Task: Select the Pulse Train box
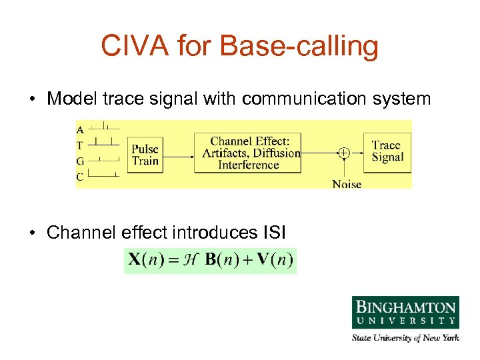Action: (x=145, y=155)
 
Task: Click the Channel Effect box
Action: (x=248, y=153)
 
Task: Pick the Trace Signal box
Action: (x=387, y=151)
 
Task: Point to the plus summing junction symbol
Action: (x=343, y=153)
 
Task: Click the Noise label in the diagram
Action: (x=347, y=183)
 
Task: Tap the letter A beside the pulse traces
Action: (x=80, y=129)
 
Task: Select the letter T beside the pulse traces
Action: (x=80, y=145)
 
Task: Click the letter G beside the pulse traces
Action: (x=80, y=161)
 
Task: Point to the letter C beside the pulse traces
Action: (x=80, y=177)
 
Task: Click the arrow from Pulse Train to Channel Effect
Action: (x=178, y=156)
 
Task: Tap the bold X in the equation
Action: (x=135, y=260)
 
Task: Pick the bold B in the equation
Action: (x=211, y=260)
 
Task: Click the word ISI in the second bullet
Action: (x=271, y=233)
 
